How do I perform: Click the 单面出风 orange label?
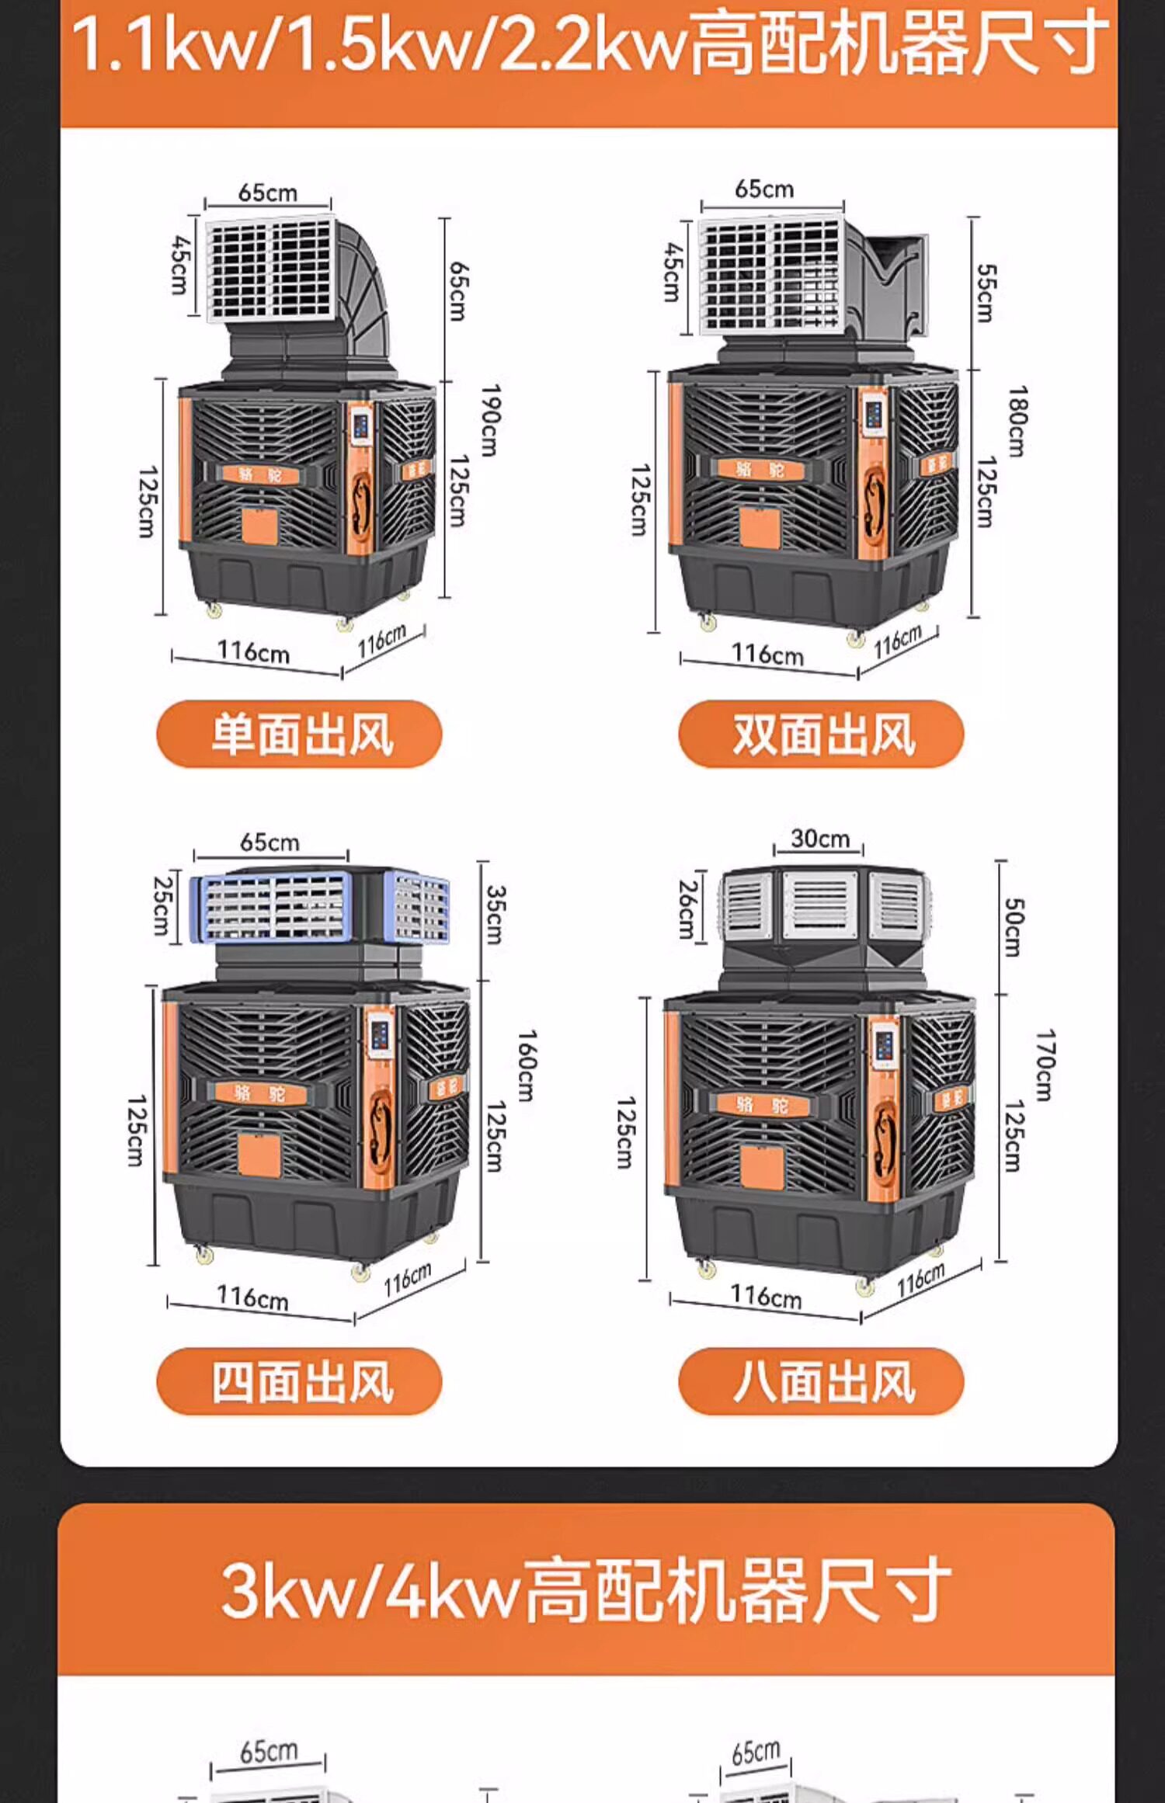pos(299,734)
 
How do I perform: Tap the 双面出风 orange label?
pos(821,734)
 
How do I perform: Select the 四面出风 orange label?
pos(299,1381)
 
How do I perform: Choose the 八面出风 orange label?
pos(821,1381)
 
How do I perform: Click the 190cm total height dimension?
pos(489,420)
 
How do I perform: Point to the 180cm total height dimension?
pos(1017,421)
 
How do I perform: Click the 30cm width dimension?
pos(819,839)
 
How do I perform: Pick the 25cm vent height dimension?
pos(162,905)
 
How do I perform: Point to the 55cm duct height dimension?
pos(986,293)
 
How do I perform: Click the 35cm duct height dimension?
pos(495,914)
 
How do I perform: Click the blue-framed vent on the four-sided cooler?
pos(272,905)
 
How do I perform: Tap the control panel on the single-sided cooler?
pos(360,428)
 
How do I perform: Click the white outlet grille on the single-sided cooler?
pos(272,268)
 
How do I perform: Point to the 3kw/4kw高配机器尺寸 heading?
pos(586,1589)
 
